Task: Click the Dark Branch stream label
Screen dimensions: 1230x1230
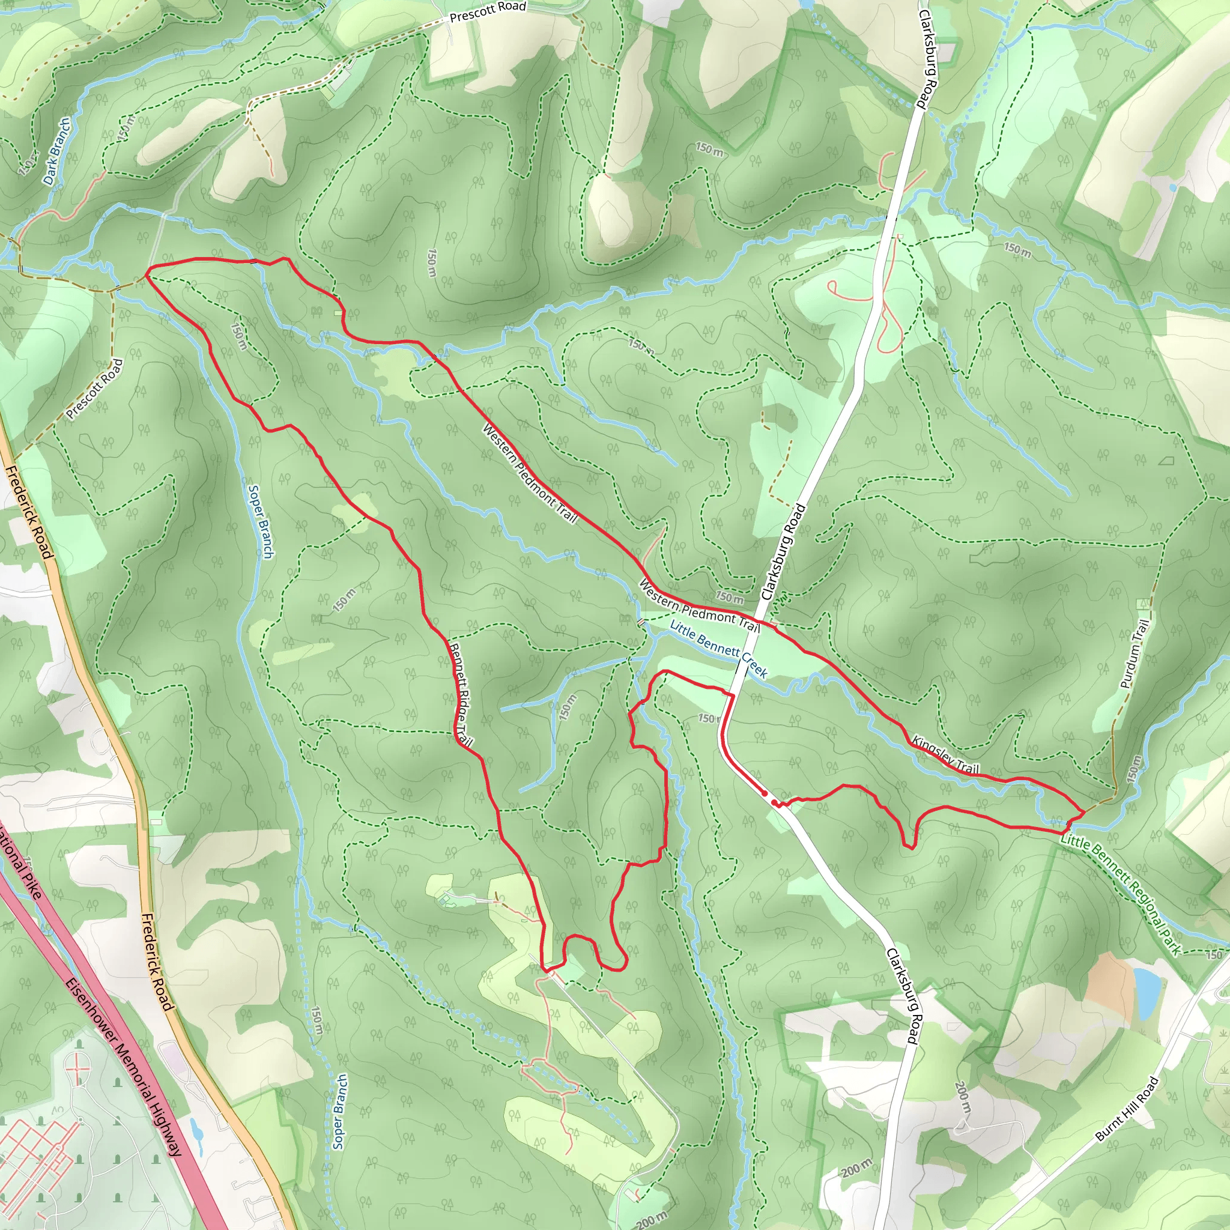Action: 56,151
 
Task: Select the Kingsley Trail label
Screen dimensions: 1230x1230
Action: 945,755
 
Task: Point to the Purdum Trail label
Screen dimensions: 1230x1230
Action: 1135,655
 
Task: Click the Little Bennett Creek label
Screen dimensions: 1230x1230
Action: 718,648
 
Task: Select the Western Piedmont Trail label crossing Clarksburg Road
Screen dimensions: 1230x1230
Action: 699,606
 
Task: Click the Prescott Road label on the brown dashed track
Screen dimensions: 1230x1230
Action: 94,389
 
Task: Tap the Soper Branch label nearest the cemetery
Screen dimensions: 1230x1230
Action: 340,1112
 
